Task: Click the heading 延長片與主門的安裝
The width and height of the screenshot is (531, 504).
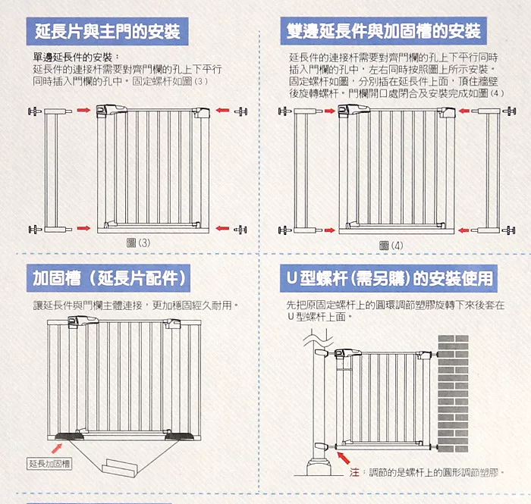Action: pyautogui.click(x=108, y=32)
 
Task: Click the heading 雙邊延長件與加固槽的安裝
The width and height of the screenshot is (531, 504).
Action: pyautogui.click(x=383, y=31)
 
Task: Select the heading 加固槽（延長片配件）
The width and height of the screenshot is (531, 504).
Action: pyautogui.click(x=108, y=278)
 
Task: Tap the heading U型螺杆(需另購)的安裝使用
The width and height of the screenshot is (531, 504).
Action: pyautogui.click(x=388, y=278)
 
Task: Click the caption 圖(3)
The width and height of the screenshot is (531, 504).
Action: pyautogui.click(x=138, y=243)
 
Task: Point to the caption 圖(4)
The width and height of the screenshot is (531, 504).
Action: pyautogui.click(x=391, y=246)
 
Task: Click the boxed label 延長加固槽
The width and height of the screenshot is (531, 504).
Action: pyautogui.click(x=49, y=463)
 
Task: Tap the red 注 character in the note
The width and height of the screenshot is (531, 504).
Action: pyautogui.click(x=354, y=472)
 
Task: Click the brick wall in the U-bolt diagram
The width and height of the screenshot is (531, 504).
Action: pyautogui.click(x=453, y=394)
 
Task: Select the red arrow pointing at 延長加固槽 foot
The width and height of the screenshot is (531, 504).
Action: pyautogui.click(x=57, y=449)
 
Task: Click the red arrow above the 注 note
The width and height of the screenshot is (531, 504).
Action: pyautogui.click(x=344, y=459)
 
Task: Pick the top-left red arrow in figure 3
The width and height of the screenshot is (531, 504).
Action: pyautogui.click(x=83, y=110)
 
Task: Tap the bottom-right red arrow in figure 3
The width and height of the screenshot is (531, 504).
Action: pyautogui.click(x=222, y=228)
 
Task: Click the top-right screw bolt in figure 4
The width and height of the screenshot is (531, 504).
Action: pyautogui.click(x=509, y=111)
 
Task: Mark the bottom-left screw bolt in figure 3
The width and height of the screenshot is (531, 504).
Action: pyautogui.click(x=35, y=230)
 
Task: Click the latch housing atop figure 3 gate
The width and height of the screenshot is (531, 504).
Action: pyautogui.click(x=111, y=110)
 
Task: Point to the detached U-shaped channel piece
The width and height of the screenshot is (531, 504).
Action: pyautogui.click(x=120, y=467)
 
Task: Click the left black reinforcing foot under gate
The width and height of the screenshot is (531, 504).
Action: pyautogui.click(x=70, y=437)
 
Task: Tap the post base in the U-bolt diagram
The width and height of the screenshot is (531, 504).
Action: pyautogui.click(x=319, y=466)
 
